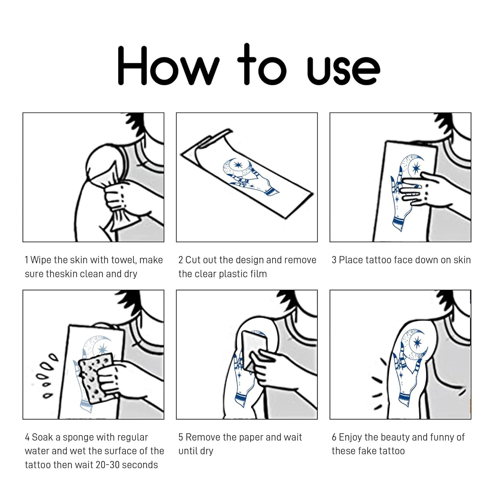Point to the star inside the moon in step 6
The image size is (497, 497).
417,343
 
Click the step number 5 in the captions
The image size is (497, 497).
181,437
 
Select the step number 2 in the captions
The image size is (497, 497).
181,260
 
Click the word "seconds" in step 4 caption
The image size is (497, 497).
140,465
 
